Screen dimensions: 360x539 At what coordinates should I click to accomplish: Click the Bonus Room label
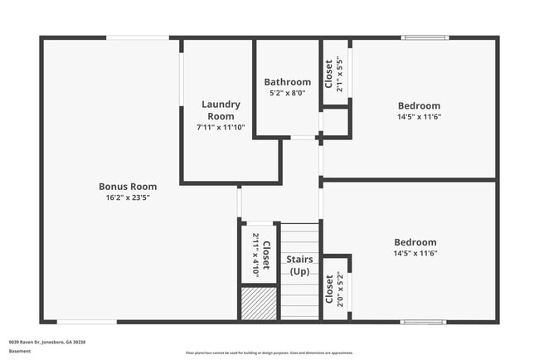click(x=128, y=187)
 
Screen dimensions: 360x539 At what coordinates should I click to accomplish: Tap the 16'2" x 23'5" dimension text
click(x=128, y=197)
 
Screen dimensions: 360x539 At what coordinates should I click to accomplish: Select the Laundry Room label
click(x=221, y=110)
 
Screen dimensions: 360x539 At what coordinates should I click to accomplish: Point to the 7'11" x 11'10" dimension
click(x=221, y=127)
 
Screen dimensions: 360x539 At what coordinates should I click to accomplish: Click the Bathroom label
click(x=288, y=82)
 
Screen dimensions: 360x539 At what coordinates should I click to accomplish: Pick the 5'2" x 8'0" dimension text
click(x=288, y=93)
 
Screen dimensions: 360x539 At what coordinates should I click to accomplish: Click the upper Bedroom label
click(x=419, y=105)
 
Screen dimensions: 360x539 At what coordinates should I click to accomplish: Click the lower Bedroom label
click(x=415, y=242)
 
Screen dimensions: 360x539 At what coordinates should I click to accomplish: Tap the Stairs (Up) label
click(x=299, y=265)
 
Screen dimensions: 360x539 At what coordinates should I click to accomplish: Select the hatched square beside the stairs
click(x=259, y=303)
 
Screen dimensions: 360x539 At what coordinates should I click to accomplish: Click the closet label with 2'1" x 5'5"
click(x=329, y=73)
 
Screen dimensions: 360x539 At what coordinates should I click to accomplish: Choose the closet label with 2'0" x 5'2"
click(x=329, y=288)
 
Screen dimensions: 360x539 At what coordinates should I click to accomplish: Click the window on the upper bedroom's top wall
click(x=425, y=37)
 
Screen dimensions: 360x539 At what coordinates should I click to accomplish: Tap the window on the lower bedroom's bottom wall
click(x=425, y=322)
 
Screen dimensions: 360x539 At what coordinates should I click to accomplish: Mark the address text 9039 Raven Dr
click(x=47, y=342)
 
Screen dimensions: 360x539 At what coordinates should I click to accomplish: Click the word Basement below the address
click(x=20, y=351)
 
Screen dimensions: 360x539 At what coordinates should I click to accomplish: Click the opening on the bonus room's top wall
click(x=138, y=37)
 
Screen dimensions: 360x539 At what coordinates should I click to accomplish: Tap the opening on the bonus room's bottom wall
click(x=87, y=322)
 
